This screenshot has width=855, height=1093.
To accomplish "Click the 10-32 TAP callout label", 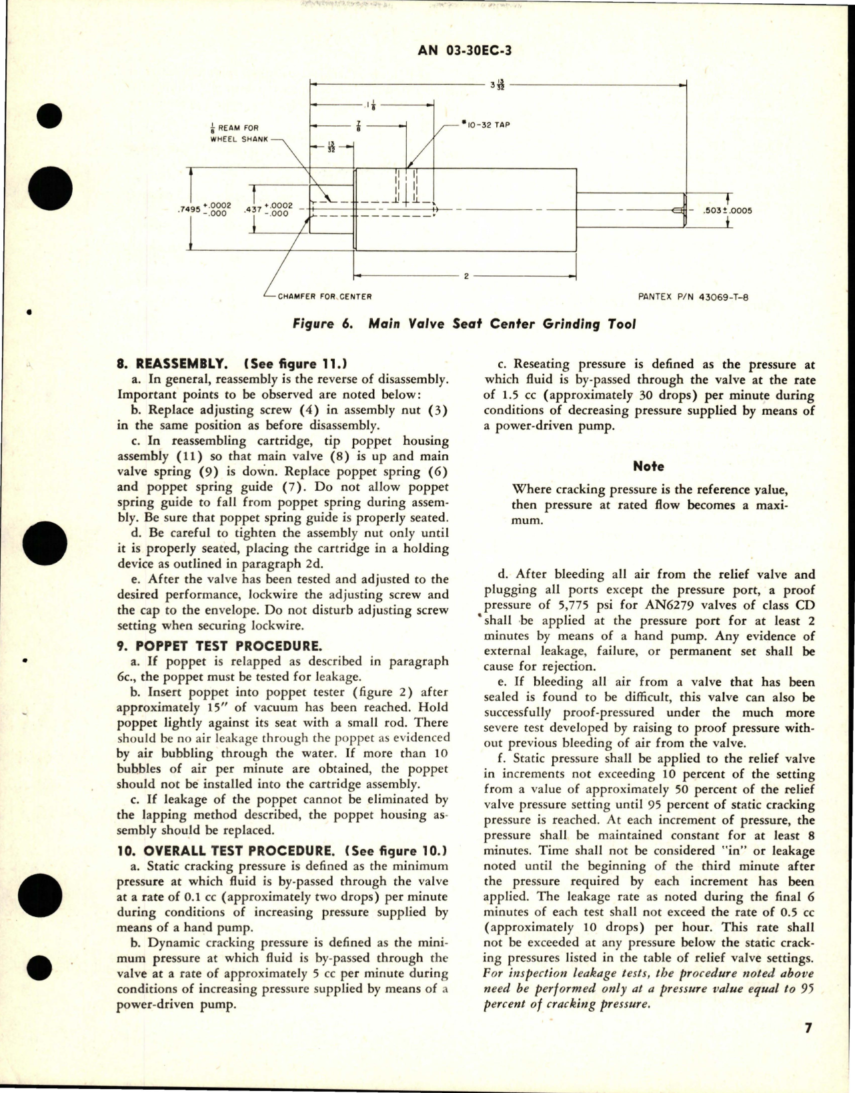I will click(488, 124).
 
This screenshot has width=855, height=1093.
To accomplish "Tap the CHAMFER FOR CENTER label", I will click(324, 296).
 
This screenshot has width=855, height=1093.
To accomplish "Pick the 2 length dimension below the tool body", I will click(466, 276).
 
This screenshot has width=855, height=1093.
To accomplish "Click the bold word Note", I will click(648, 467).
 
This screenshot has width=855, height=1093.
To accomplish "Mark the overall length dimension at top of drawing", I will click(497, 85).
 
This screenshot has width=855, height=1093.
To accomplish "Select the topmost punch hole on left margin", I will click(50, 118).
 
